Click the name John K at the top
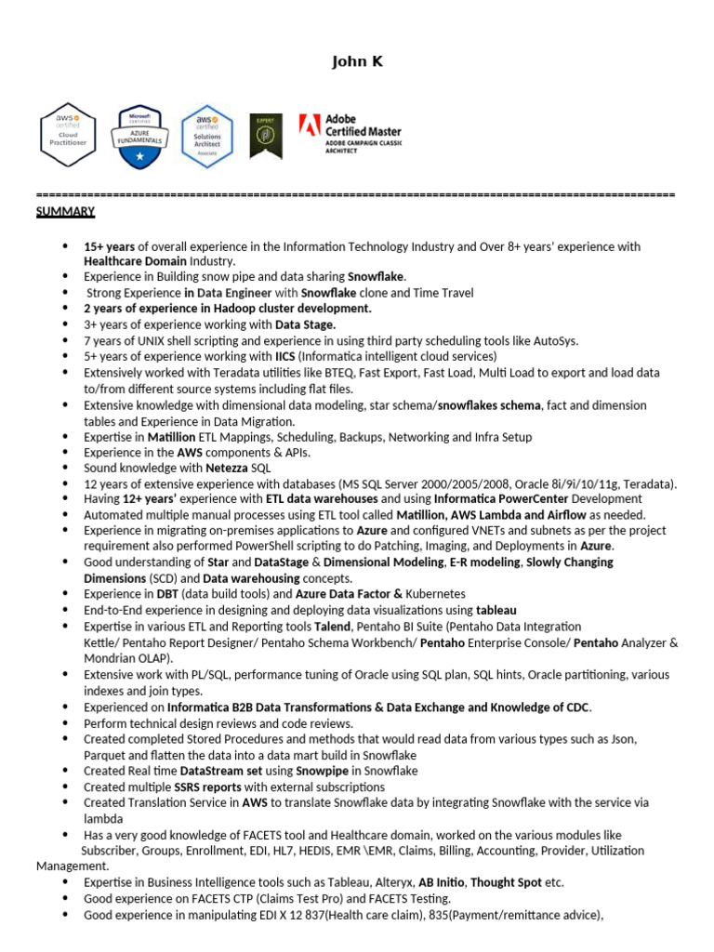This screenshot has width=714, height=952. pos(357,62)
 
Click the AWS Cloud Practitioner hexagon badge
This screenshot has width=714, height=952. pos(68,135)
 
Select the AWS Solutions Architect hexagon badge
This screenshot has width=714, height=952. pos(206,136)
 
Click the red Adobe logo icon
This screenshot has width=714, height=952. pos(310,126)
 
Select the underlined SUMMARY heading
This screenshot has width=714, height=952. pos(65,212)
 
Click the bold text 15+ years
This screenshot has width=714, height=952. pos(110,246)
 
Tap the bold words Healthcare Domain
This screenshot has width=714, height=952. pos(135,262)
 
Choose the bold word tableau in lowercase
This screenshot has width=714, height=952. pos(496,610)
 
